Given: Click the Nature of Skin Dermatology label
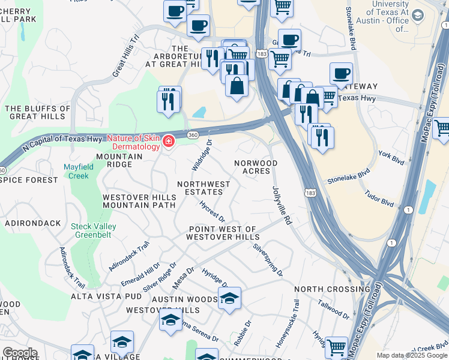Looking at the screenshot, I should [136, 142].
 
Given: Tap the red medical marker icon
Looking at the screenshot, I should [169, 142].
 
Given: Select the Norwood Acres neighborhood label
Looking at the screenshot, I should [256, 167].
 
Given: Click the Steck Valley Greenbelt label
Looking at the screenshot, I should [94, 230].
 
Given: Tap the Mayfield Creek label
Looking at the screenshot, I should [77, 171].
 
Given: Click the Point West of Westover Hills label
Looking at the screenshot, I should [222, 233].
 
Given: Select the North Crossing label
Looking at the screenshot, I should [332, 289].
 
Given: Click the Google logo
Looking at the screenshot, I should [20, 353].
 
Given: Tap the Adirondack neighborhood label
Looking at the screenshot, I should [32, 223].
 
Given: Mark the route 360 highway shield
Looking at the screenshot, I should [193, 135].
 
